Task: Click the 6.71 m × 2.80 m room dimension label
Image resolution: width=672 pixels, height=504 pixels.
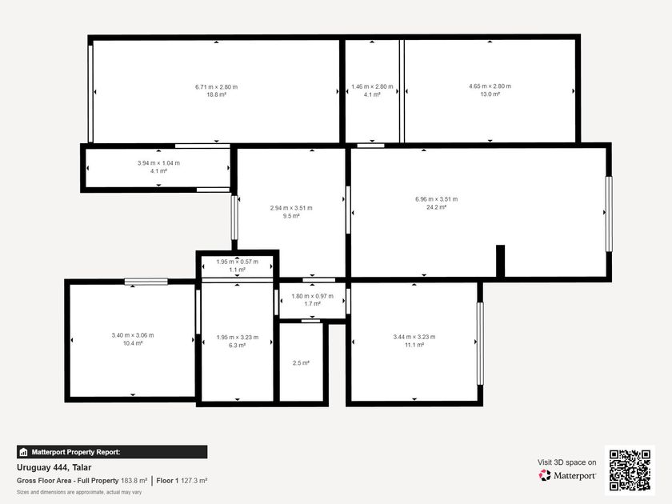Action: point(217,87)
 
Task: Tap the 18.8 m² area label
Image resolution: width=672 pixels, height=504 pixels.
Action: point(217,94)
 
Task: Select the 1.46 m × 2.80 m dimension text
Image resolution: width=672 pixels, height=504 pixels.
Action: point(372,86)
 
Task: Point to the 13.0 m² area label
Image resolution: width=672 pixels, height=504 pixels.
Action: point(490,94)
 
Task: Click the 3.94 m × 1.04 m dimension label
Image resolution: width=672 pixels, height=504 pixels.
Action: point(158,163)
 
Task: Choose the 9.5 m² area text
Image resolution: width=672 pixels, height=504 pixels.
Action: point(291,216)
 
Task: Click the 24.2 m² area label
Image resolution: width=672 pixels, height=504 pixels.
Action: point(436,207)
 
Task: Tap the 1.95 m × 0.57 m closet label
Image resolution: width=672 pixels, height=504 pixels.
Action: point(238,262)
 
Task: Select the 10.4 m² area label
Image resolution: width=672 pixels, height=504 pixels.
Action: point(133,343)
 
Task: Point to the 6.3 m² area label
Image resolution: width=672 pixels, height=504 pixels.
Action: point(237,346)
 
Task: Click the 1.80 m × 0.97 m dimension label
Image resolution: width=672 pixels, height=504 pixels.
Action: point(313,296)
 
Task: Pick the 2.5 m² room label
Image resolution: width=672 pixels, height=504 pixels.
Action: point(301,363)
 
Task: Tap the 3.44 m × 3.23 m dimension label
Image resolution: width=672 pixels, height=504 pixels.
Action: point(414,337)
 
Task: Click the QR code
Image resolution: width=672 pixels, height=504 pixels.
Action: point(630,470)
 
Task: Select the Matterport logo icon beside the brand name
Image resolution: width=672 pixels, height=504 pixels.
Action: point(545,475)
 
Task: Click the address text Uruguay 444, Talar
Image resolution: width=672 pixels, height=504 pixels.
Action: point(54,467)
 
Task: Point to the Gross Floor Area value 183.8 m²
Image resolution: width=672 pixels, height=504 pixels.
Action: point(134,481)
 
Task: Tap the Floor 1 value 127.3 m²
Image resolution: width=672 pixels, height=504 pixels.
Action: point(194,481)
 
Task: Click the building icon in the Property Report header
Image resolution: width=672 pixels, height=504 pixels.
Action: point(23,452)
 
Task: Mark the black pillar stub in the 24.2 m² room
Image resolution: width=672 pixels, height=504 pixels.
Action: point(500,261)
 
